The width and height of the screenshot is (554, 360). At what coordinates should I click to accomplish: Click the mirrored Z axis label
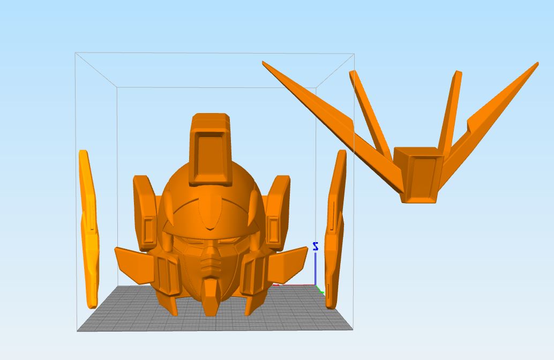[316, 246]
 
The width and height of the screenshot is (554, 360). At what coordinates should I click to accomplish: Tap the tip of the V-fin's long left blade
[264, 63]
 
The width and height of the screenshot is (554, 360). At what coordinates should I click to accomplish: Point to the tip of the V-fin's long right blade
[536, 64]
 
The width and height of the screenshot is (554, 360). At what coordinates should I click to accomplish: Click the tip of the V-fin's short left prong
[353, 72]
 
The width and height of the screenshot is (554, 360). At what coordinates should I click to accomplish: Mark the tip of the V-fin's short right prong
[458, 72]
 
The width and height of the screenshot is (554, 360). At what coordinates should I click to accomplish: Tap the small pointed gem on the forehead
[209, 214]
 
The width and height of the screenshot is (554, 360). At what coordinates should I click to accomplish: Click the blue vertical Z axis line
[315, 268]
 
